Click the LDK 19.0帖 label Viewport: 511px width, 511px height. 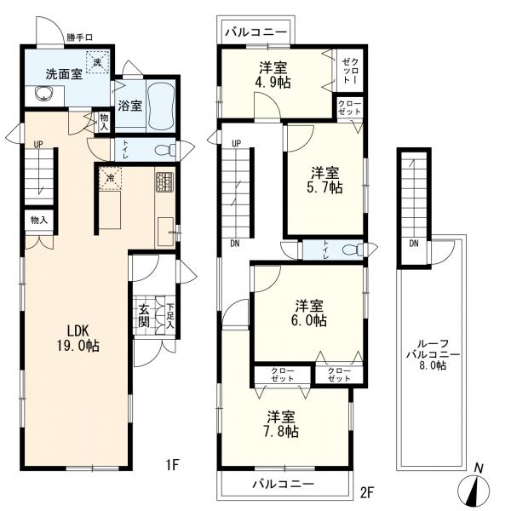click(78, 338)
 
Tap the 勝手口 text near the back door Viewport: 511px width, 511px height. click(80, 37)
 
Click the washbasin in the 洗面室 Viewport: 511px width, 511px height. click(43, 94)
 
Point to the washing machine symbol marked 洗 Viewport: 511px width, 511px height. click(97, 62)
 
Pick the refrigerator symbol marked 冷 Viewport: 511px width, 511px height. click(111, 178)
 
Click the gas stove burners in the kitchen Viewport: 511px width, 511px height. click(165, 182)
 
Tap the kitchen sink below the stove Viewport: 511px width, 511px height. click(166, 232)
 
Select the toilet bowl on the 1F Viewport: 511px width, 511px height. click(164, 151)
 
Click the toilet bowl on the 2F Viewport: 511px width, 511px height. click(353, 250)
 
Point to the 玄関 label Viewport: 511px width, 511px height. click(144, 315)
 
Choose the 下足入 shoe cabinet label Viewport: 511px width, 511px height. click(170, 316)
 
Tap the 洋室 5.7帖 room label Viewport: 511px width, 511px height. click(325, 180)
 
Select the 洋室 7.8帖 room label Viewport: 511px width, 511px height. click(282, 423)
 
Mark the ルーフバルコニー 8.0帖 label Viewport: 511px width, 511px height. click(433, 354)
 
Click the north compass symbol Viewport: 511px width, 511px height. click(474, 487)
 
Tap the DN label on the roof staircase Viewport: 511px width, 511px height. click(414, 244)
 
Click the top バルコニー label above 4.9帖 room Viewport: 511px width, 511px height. click(256, 32)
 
